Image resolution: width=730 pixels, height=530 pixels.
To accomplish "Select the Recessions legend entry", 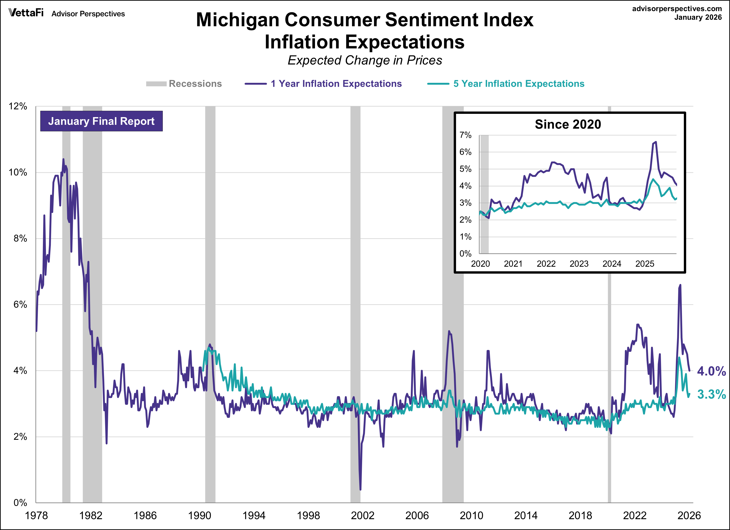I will click(x=184, y=84).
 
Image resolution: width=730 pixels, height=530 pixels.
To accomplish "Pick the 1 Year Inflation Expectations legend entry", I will click(x=323, y=84).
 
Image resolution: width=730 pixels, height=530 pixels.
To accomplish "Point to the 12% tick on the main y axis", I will click(x=18, y=106).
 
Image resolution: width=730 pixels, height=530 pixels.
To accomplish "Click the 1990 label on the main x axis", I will click(x=199, y=516).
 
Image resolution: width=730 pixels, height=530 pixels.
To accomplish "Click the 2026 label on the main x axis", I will click(x=689, y=516).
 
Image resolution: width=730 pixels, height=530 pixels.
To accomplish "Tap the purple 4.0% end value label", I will click(x=711, y=371).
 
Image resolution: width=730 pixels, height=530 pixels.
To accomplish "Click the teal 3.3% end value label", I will click(x=711, y=394).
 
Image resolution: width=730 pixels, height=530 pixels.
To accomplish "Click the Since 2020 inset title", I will click(x=568, y=124).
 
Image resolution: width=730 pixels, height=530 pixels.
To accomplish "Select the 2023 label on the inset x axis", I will click(x=579, y=264).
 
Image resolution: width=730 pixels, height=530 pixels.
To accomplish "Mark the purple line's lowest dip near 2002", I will click(x=360, y=489).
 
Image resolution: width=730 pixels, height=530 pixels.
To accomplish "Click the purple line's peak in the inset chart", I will click(x=656, y=142).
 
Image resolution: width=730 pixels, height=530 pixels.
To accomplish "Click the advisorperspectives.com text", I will click(x=677, y=9).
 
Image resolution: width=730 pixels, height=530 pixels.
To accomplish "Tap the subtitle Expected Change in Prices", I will click(x=365, y=60).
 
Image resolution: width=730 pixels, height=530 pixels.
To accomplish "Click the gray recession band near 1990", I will click(x=210, y=290).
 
